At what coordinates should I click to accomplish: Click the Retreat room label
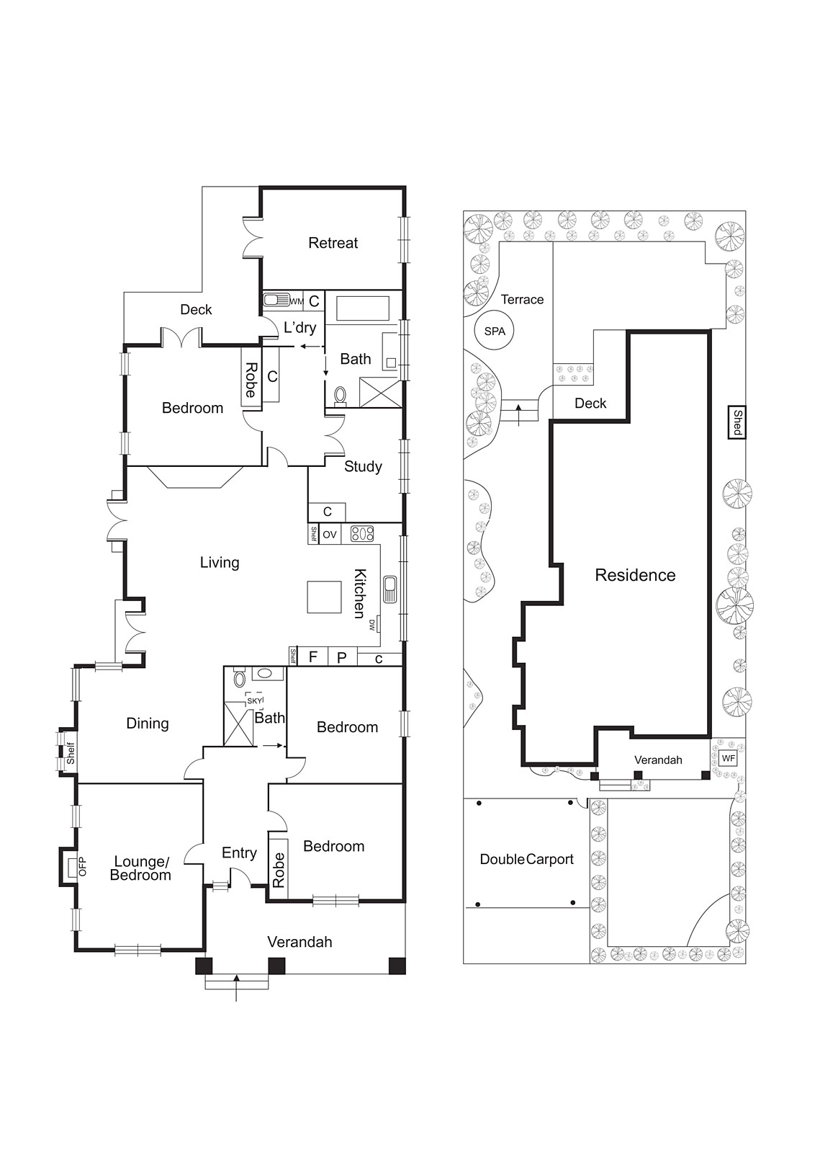(333, 243)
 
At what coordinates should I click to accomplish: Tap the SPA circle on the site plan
(495, 331)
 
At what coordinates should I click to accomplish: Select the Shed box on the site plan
(737, 422)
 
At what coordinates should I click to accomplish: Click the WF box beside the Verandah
(728, 758)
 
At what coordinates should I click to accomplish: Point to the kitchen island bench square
(324, 597)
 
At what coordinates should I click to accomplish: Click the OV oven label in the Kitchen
(329, 535)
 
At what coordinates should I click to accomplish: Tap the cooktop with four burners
(362, 534)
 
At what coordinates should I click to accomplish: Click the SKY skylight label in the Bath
(254, 700)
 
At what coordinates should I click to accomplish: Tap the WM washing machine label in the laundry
(296, 301)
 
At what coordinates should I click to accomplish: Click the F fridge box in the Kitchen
(312, 656)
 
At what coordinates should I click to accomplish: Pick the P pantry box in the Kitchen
(342, 656)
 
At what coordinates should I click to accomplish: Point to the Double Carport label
(526, 859)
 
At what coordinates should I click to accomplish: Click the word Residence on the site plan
(635, 575)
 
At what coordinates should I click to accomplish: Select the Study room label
(363, 466)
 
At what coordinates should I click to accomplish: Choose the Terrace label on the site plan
(522, 299)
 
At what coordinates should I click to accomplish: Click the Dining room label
(147, 724)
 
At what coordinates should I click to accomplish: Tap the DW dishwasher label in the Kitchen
(372, 624)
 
